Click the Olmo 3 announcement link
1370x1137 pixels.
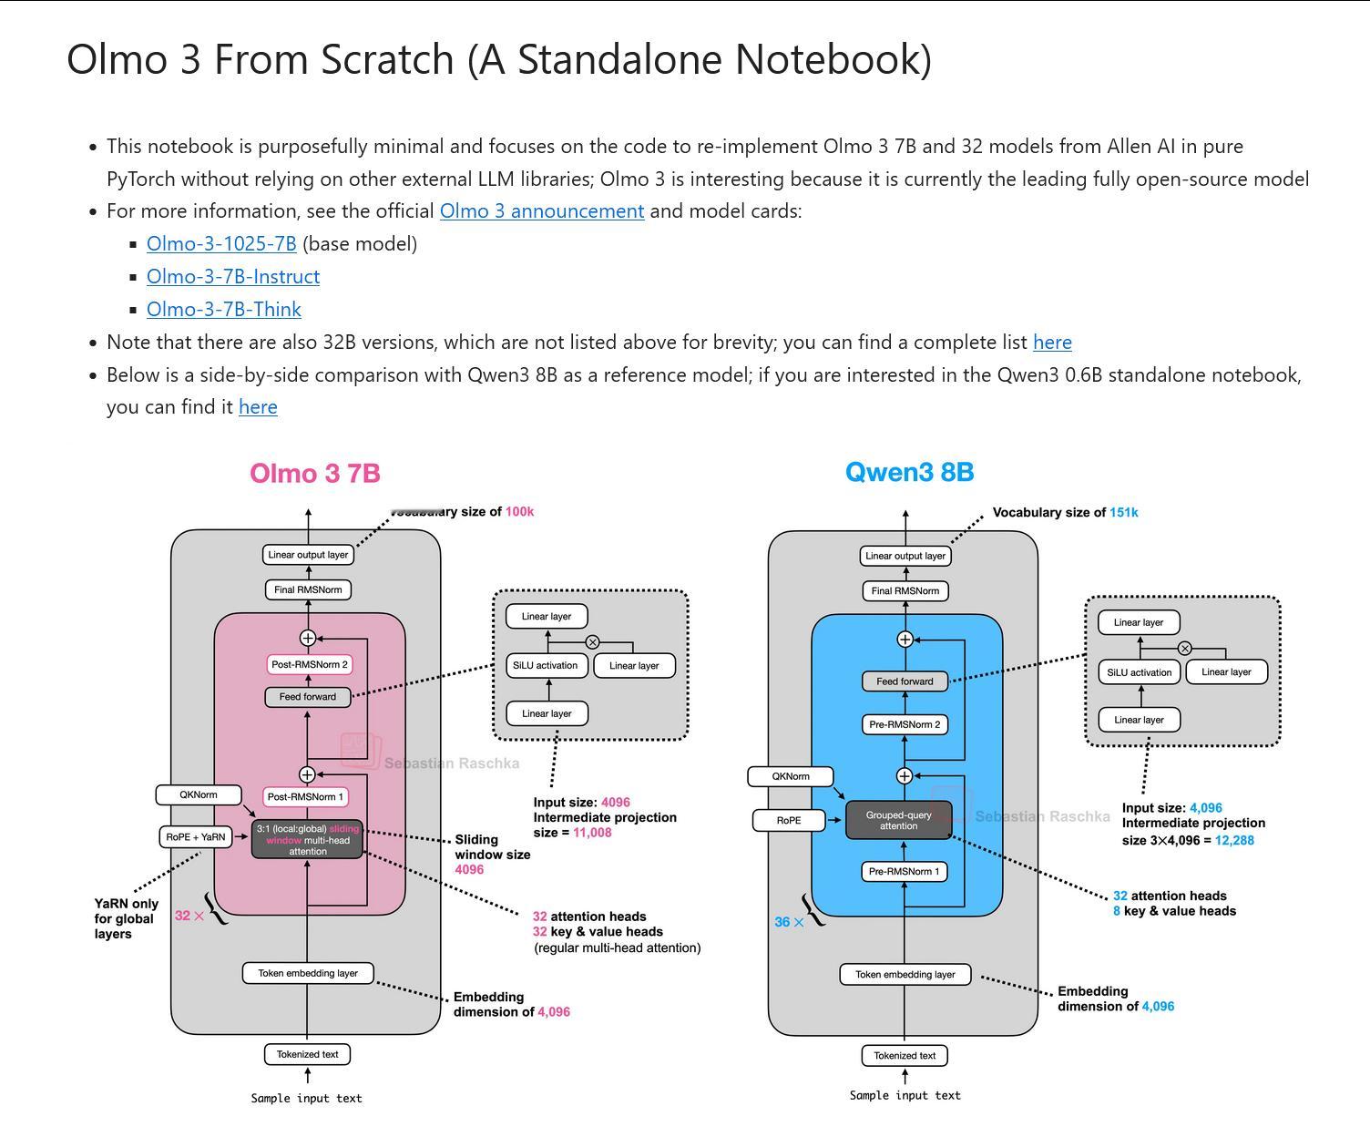click(x=541, y=211)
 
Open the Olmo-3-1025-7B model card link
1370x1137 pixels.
click(x=221, y=244)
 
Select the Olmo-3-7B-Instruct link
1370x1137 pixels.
click(x=233, y=277)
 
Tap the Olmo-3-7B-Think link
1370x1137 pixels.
click(x=224, y=310)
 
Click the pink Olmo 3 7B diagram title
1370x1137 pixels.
click(x=315, y=474)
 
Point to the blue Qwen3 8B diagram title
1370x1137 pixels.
click(x=909, y=473)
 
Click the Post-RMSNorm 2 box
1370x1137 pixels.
click(x=310, y=665)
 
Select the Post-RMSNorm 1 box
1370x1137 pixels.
click(x=307, y=797)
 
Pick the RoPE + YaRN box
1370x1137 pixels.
click(x=196, y=836)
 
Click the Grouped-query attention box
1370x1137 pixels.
click(x=899, y=821)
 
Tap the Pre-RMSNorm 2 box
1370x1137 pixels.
click(x=905, y=725)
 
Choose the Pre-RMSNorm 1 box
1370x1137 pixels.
click(x=905, y=872)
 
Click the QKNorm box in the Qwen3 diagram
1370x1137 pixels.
click(x=791, y=777)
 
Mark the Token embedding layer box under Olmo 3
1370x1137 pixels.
click(x=308, y=974)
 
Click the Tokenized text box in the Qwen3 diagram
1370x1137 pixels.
click(x=905, y=1056)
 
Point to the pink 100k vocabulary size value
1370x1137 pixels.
click(x=520, y=512)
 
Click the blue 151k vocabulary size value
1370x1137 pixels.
click(x=1123, y=513)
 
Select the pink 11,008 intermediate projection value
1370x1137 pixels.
click(x=592, y=833)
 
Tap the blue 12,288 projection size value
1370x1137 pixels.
click(x=1234, y=840)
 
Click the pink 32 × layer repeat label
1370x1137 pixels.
click(x=189, y=916)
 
